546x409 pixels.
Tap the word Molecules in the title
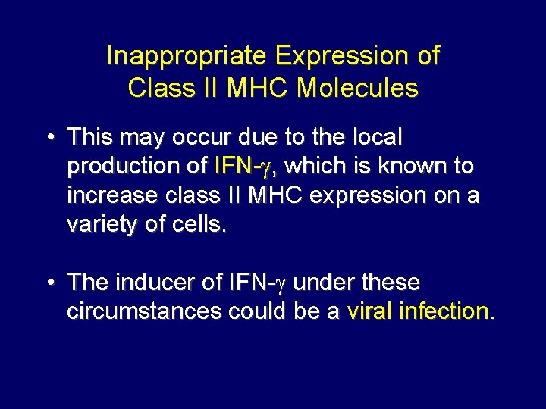pyautogui.click(x=357, y=89)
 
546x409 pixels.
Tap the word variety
pyautogui.click(x=96, y=225)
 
